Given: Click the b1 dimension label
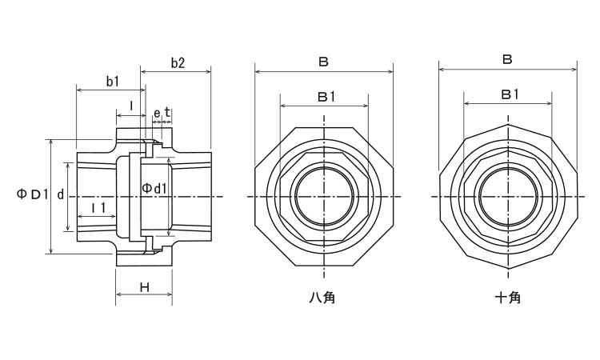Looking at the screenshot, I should point(112,81).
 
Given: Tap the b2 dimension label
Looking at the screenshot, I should point(178,63).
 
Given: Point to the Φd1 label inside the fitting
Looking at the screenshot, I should point(154,188).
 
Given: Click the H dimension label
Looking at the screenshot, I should point(144,286).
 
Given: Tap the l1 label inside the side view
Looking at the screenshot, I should point(98,208).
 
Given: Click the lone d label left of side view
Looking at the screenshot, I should point(61,194).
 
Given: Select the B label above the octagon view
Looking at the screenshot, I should point(324,62).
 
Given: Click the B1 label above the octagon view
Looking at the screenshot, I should point(326,96).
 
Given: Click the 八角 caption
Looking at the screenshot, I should point(322,298).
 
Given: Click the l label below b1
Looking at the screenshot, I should point(131,105).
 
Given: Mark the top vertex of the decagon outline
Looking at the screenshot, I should point(508,124).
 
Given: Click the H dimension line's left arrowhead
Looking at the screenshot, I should point(118,294).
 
